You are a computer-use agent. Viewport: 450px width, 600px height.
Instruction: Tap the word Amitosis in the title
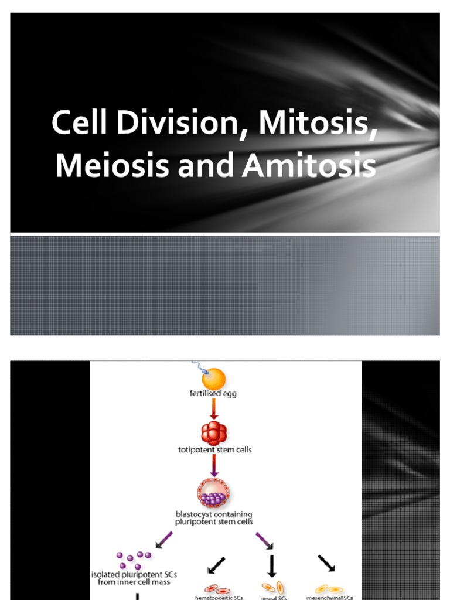click(x=310, y=165)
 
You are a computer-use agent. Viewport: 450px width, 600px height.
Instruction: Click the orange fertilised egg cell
click(x=214, y=379)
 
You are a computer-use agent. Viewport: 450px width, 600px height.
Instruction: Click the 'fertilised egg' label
click(x=214, y=394)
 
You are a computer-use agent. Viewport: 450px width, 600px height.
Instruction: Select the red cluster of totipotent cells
click(x=214, y=434)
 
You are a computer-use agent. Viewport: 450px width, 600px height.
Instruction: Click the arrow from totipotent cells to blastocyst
click(x=214, y=466)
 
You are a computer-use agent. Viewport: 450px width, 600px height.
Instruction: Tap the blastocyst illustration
click(x=214, y=494)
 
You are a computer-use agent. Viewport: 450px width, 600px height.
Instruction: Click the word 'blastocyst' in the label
click(x=198, y=514)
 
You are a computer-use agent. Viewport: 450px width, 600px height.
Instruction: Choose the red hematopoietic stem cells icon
click(x=215, y=588)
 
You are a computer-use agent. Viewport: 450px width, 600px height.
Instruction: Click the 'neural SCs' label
click(x=272, y=598)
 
